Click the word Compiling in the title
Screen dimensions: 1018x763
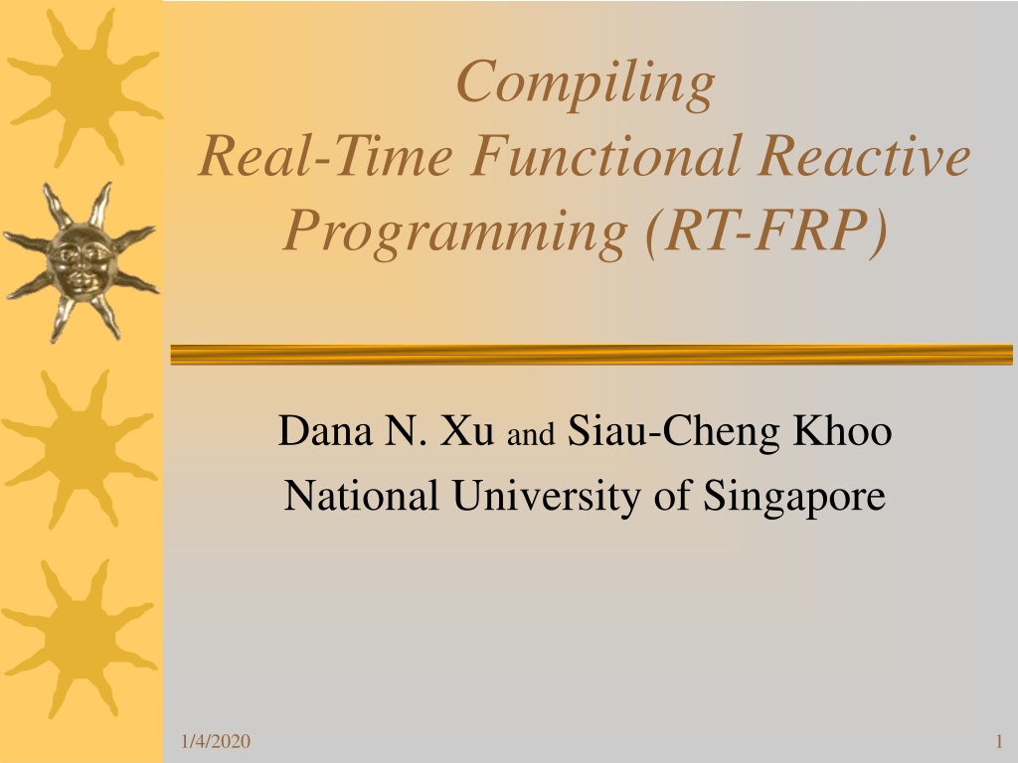click(x=585, y=84)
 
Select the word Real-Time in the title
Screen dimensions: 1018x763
click(x=325, y=156)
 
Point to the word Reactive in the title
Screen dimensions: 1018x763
click(x=864, y=156)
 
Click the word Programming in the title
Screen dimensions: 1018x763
click(x=455, y=233)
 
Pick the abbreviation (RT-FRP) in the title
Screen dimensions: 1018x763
click(x=766, y=231)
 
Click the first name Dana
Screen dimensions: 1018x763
click(x=325, y=430)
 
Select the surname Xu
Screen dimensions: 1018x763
click(x=467, y=430)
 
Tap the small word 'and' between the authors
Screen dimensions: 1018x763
click(x=531, y=434)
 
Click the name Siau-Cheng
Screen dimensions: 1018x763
click(x=673, y=432)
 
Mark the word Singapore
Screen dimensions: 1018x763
click(x=794, y=497)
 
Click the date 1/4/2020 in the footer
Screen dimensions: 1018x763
click(x=216, y=741)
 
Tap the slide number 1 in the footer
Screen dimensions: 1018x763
click(x=999, y=741)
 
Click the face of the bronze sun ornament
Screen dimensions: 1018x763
click(x=81, y=262)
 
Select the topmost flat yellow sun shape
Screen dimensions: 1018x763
click(x=85, y=87)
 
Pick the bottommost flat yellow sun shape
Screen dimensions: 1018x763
click(x=81, y=638)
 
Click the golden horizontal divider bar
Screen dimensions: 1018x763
click(x=592, y=355)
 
